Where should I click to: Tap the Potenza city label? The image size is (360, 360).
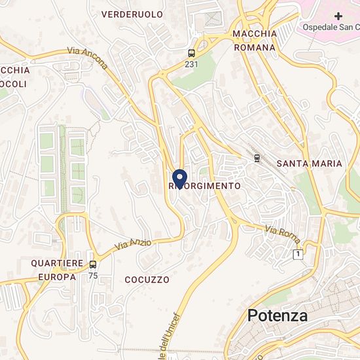[x=278, y=315]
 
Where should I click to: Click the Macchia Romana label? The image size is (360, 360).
[x=254, y=41]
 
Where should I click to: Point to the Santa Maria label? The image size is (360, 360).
[x=309, y=163]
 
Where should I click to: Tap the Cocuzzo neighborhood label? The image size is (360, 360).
[x=147, y=279]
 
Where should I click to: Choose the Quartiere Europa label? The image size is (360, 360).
[x=58, y=269]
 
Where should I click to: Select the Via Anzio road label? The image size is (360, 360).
[x=133, y=245]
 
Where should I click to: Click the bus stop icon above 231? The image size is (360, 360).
[x=191, y=52]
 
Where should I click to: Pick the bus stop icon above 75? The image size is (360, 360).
[x=93, y=264]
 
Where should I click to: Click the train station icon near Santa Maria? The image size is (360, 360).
[x=257, y=158]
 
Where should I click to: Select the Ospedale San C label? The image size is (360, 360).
[x=330, y=27]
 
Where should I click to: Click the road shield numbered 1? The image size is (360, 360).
[x=298, y=253]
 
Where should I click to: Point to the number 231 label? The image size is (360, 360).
[x=191, y=64]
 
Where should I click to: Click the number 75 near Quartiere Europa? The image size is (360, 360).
[x=93, y=276]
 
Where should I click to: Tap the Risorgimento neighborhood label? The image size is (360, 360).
[x=205, y=186]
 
